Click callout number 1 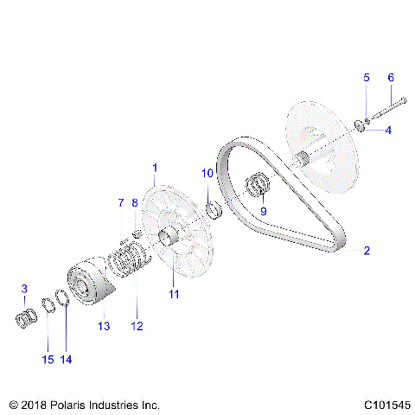[x=155, y=167]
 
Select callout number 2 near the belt [x=367, y=251]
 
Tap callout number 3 [x=24, y=288]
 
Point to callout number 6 [x=389, y=78]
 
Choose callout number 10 [x=207, y=174]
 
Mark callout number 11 [x=173, y=295]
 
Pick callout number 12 [x=136, y=327]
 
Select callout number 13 [x=105, y=327]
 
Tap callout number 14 [x=65, y=359]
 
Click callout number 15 [x=48, y=359]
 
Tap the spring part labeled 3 [x=26, y=318]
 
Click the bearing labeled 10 [x=216, y=211]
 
